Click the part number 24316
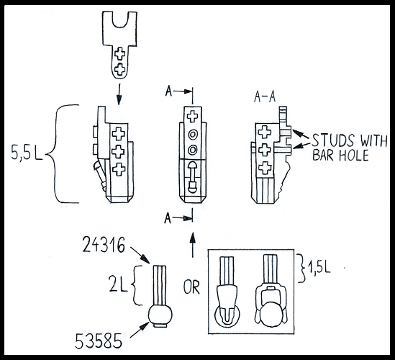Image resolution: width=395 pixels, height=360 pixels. [104, 245]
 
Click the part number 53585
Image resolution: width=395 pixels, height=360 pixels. [99, 341]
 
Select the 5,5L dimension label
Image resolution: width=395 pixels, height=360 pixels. [27, 153]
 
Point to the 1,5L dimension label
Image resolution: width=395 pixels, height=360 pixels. [318, 269]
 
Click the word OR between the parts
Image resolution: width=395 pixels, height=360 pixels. [191, 287]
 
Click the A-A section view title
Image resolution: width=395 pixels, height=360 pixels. [265, 97]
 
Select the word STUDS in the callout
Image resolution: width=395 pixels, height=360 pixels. [333, 140]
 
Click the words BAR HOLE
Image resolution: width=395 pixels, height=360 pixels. [340, 155]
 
